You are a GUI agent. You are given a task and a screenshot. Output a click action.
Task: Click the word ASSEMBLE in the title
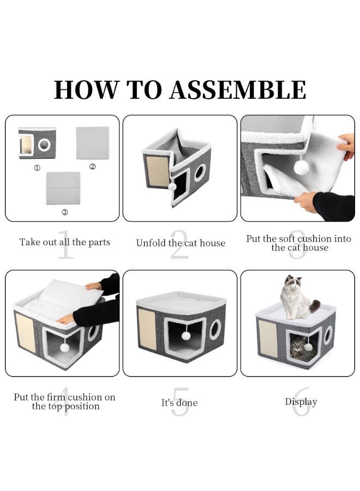click(238, 90)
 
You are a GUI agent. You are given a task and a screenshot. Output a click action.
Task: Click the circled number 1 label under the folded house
click(37, 168)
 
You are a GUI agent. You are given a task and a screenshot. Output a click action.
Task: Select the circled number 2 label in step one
click(92, 166)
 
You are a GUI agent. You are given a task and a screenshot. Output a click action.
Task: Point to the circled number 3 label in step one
click(64, 212)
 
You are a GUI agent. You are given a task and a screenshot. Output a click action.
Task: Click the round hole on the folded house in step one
click(44, 145)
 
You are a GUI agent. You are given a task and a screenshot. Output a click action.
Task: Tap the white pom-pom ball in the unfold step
click(172, 187)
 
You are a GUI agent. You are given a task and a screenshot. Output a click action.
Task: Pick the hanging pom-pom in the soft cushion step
click(301, 168)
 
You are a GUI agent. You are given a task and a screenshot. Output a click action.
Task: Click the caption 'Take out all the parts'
click(65, 242)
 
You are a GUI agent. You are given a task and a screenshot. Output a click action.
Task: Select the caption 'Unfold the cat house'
click(181, 243)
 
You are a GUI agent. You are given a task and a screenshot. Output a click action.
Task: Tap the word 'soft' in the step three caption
click(287, 238)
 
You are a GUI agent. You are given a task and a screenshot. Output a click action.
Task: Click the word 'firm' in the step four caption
click(56, 397)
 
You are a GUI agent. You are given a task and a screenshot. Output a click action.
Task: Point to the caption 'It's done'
click(179, 403)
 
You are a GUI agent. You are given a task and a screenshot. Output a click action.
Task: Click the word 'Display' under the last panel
click(301, 402)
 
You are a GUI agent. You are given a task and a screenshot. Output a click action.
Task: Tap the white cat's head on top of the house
click(293, 283)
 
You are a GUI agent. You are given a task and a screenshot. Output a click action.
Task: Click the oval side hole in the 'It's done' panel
click(215, 330)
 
